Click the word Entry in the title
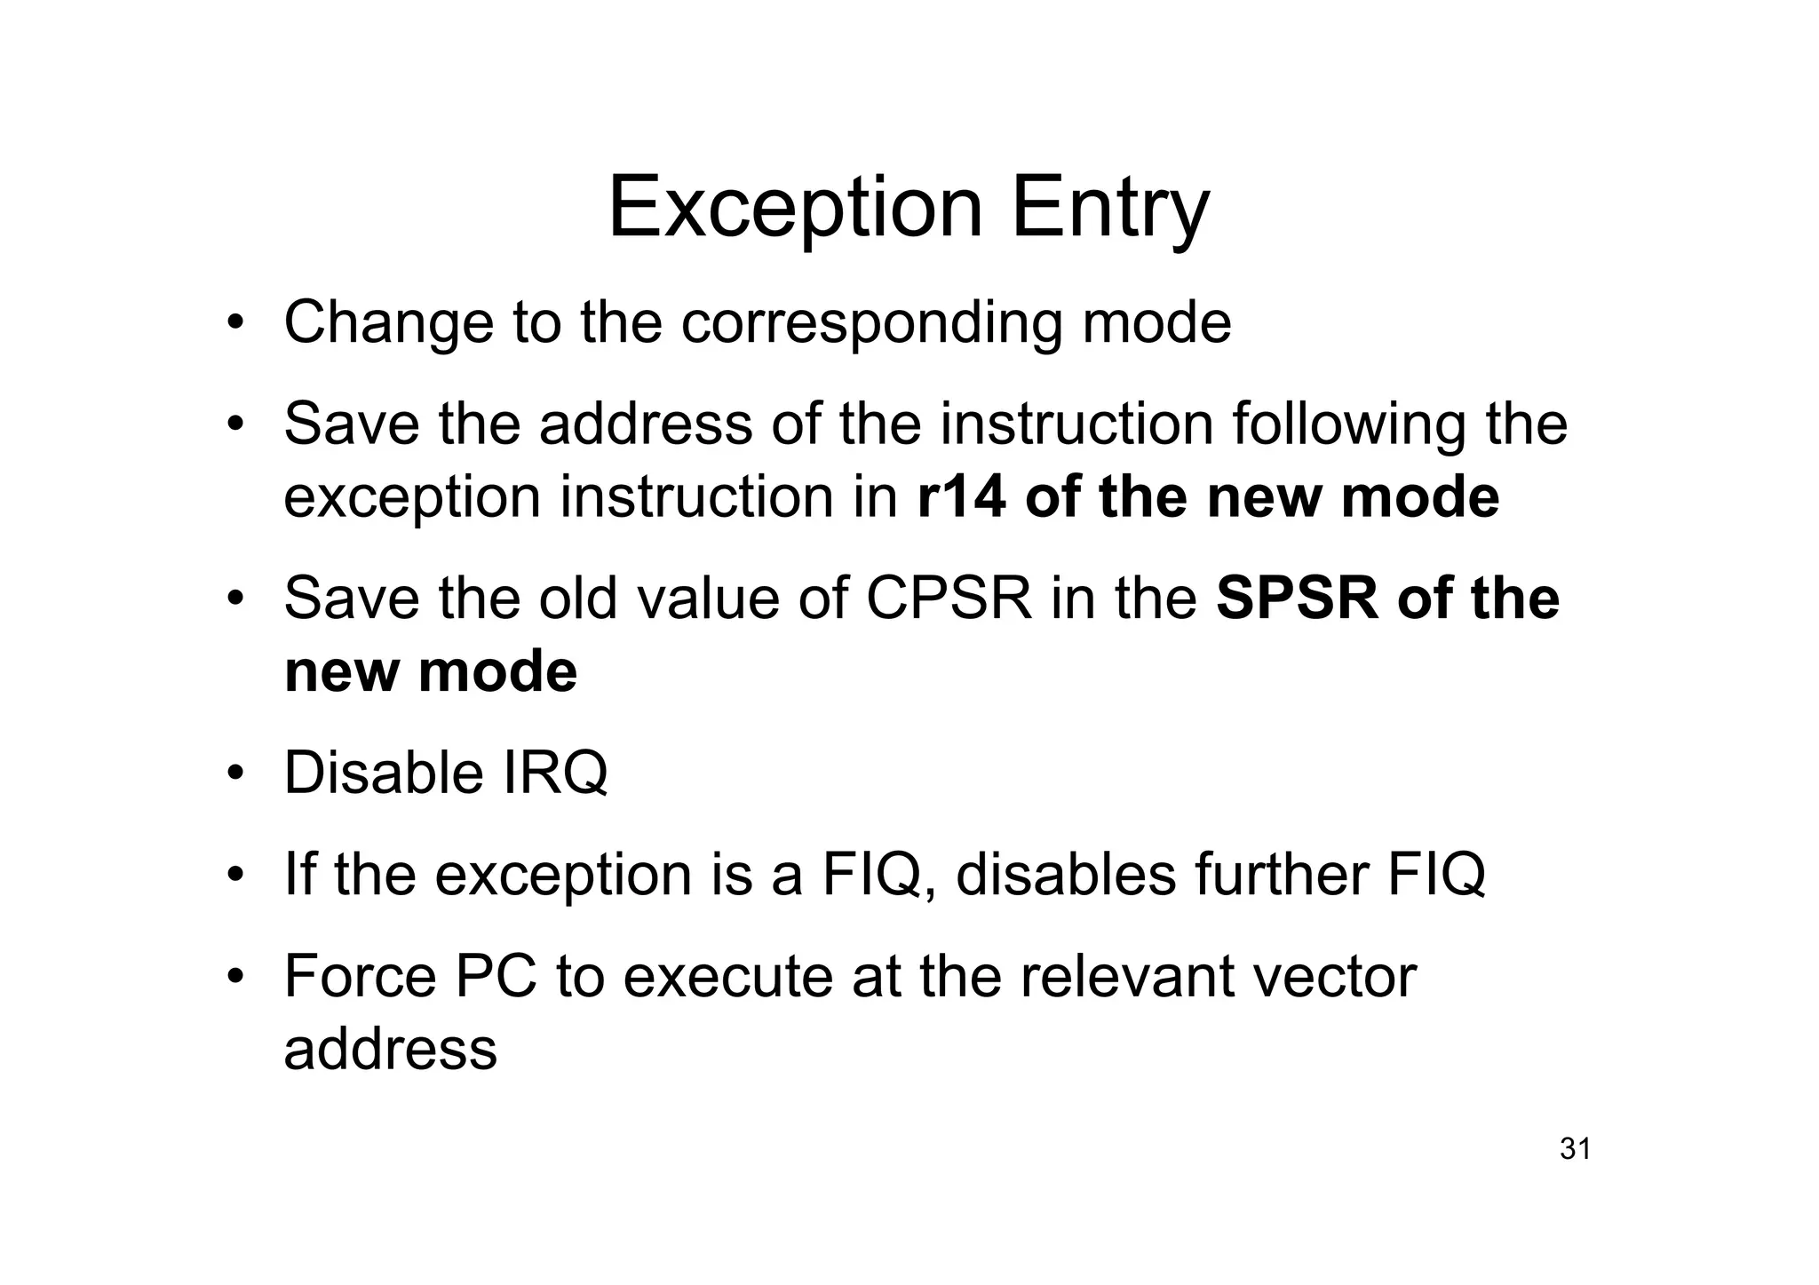point(1109,210)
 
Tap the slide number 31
point(1575,1149)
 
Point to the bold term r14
point(961,496)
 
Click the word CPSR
point(949,598)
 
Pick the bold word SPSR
point(1297,598)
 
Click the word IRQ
point(556,773)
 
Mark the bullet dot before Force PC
point(234,979)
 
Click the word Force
point(360,977)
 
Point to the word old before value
point(577,598)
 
